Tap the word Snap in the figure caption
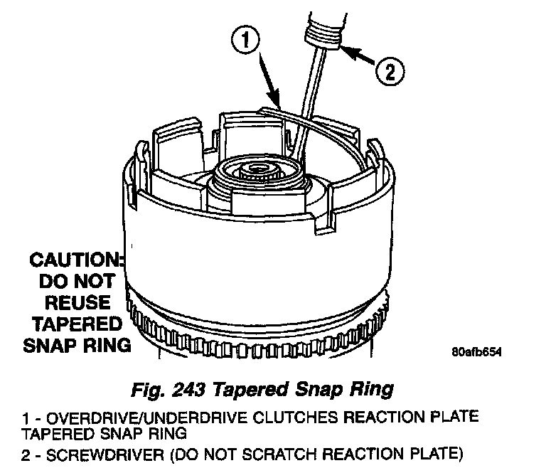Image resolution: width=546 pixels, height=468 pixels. tap(334, 390)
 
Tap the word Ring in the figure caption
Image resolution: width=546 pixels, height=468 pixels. tap(373, 390)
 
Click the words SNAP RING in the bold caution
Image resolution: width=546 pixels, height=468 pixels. tap(77, 346)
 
